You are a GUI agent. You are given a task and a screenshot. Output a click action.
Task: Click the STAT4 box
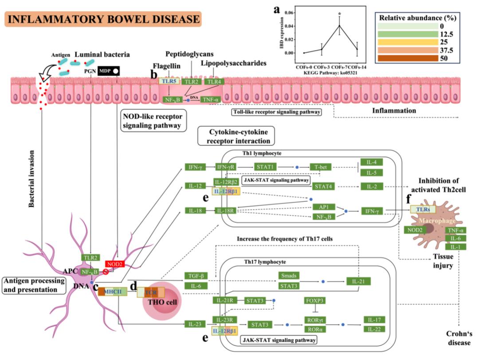[323, 186]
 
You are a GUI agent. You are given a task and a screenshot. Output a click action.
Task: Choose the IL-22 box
[374, 329]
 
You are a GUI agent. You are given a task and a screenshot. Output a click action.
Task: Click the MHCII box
[113, 291]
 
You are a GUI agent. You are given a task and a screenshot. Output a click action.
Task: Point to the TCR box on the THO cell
[151, 292]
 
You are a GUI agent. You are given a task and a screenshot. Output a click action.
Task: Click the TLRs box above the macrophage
[423, 209]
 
